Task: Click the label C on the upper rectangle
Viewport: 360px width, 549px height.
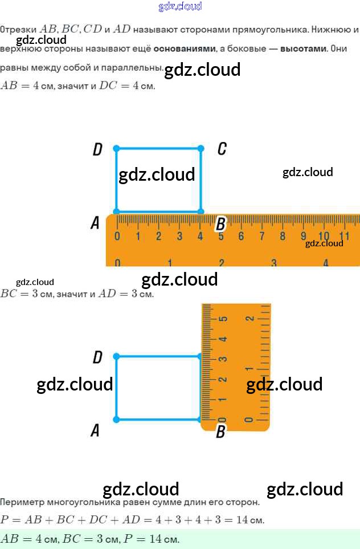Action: tap(222, 149)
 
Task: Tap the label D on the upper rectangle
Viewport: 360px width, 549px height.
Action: tap(97, 149)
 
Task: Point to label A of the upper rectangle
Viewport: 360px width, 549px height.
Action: tap(95, 223)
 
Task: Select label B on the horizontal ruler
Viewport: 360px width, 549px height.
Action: tap(220, 224)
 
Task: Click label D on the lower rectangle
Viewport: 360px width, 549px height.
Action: tap(97, 357)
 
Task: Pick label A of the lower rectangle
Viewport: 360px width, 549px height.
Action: tap(95, 430)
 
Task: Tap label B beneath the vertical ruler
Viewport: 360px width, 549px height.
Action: tap(220, 432)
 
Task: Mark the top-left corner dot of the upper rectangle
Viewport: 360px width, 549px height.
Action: tap(116, 148)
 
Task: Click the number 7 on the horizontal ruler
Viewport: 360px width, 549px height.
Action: tap(262, 236)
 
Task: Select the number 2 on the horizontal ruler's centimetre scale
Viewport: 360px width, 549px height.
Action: tap(158, 236)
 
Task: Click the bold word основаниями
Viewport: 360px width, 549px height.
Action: tap(185, 48)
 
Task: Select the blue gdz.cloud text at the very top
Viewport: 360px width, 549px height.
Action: tap(180, 7)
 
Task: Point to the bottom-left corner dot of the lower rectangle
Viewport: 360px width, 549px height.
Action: tap(116, 420)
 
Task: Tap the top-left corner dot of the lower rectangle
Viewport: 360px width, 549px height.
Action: tap(116, 356)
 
